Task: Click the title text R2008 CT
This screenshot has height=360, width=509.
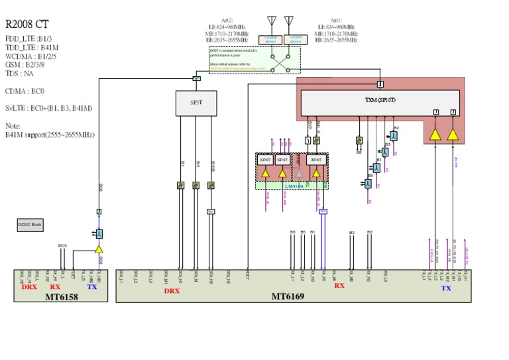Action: [26, 24]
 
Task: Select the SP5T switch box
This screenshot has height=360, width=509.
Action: [196, 103]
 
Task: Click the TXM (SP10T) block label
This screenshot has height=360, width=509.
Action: [380, 101]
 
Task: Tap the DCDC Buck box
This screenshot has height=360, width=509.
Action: [30, 225]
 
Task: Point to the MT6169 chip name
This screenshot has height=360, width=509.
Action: [288, 296]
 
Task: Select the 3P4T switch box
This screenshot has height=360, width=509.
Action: [316, 160]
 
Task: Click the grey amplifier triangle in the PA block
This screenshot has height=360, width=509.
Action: [299, 174]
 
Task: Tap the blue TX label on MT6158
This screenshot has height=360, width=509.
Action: [92, 287]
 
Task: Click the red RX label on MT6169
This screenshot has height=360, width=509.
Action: [339, 286]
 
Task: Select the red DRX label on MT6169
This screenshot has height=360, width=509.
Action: [172, 290]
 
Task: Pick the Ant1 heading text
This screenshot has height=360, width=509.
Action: [336, 21]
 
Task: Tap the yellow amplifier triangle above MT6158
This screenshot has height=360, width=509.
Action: [99, 249]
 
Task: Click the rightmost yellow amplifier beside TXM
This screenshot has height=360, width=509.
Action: [453, 135]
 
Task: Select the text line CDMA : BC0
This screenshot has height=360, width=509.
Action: [25, 91]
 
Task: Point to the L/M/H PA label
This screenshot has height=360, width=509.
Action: [294, 186]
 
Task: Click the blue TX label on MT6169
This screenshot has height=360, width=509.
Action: [446, 288]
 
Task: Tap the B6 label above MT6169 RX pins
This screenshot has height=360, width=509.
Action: [292, 232]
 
